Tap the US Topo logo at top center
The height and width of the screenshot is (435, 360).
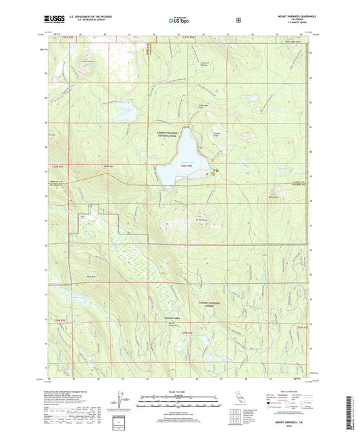tap(179, 21)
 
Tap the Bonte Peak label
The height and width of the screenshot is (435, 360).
tap(274, 197)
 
